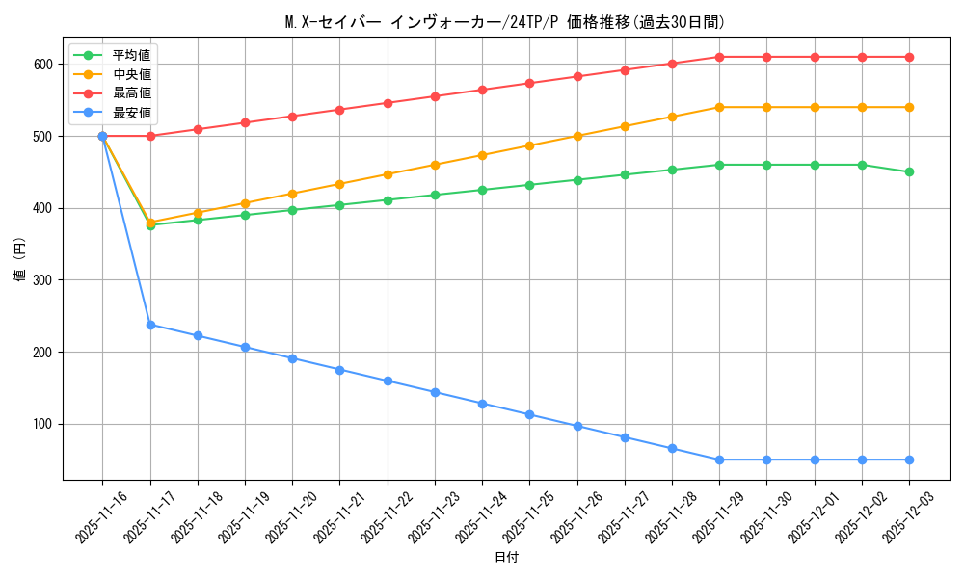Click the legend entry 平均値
click(131, 55)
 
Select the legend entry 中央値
click(131, 74)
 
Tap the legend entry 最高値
click(131, 93)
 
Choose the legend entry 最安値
click(131, 113)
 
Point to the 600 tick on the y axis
click(44, 65)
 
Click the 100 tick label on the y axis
click(44, 424)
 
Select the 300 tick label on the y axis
click(44, 280)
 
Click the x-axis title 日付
click(506, 558)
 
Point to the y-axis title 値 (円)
click(20, 260)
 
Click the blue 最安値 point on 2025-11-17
click(150, 325)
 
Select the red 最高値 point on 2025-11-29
click(719, 57)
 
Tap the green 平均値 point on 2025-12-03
click(909, 172)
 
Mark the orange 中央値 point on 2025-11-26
click(577, 136)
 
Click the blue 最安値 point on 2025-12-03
click(909, 460)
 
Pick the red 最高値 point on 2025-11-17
click(150, 136)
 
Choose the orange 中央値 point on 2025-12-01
click(815, 107)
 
